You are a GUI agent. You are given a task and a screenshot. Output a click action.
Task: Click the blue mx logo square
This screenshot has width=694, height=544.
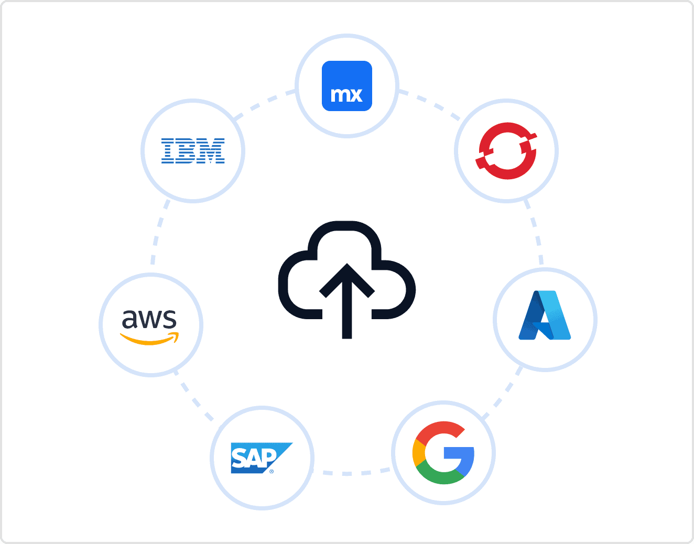346,86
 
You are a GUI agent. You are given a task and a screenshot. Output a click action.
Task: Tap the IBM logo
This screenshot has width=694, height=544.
193,151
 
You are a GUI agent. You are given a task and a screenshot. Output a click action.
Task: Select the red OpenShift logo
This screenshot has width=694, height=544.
506,151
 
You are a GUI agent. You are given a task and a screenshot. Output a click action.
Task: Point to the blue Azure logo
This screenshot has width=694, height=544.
545,315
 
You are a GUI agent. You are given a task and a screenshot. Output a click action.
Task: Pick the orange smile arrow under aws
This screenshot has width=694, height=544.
150,339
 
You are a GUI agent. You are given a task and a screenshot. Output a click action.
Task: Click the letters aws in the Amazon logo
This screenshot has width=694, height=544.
149,319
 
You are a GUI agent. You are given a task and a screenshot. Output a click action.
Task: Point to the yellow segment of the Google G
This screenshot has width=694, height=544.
418,453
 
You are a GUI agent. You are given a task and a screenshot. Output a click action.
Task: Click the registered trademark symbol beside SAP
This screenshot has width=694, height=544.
272,472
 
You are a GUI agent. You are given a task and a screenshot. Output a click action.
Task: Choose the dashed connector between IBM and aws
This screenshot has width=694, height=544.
158,231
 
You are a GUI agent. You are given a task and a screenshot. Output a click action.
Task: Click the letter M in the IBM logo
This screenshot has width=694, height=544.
213,151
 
